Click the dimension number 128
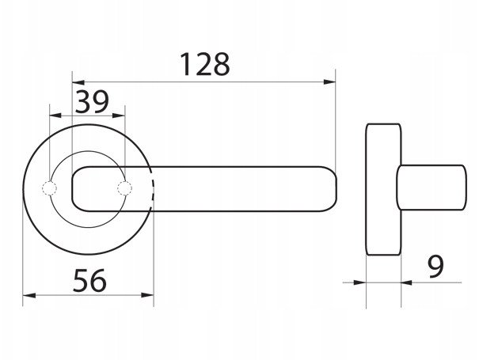pyautogui.click(x=205, y=65)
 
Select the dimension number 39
pyautogui.click(x=92, y=102)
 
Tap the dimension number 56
pyautogui.click(x=89, y=281)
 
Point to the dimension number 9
pyautogui.click(x=435, y=267)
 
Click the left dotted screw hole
pyautogui.click(x=49, y=188)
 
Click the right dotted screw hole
pyautogui.click(x=124, y=188)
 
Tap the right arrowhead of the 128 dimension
pyautogui.click(x=329, y=82)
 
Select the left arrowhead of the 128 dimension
pyautogui.click(x=78, y=82)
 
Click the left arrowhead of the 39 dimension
pyautogui.click(x=55, y=116)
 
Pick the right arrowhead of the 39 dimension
pyautogui.click(x=119, y=116)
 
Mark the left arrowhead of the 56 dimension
pyautogui.click(x=29, y=295)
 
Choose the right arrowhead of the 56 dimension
pyautogui.click(x=147, y=295)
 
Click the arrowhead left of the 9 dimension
pyautogui.click(x=359, y=282)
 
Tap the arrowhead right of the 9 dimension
pyautogui.click(x=407, y=282)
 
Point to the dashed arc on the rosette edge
pyautogui.click(x=153, y=189)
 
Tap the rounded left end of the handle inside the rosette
pyautogui.click(x=74, y=189)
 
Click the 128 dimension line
pyautogui.click(x=204, y=82)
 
